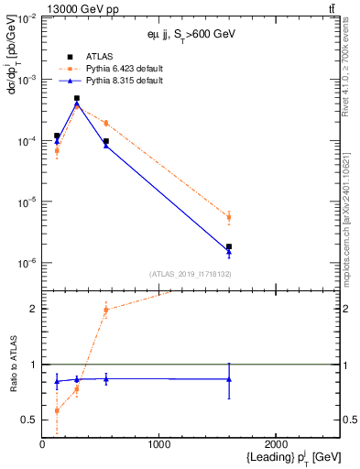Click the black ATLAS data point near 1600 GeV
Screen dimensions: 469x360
[229, 246]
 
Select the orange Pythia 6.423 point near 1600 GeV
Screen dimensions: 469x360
[229, 217]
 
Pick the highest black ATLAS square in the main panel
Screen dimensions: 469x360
[77, 98]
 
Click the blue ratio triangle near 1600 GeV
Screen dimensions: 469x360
[229, 379]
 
